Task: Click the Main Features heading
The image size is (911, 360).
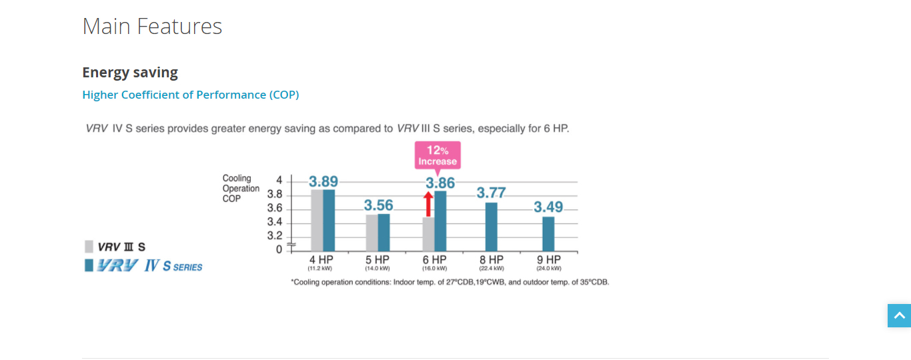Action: (x=152, y=27)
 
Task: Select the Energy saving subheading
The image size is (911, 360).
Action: (x=130, y=72)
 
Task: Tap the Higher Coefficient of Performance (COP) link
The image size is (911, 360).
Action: (x=191, y=95)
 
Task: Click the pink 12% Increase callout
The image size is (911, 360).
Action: (x=437, y=155)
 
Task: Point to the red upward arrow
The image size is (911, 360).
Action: (x=429, y=204)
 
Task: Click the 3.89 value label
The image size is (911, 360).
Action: (x=323, y=181)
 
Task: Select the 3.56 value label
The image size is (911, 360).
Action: (x=379, y=205)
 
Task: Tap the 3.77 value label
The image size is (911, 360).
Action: (x=492, y=193)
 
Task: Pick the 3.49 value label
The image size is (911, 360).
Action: (x=548, y=207)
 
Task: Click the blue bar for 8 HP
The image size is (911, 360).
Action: (x=492, y=227)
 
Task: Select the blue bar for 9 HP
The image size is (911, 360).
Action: (x=548, y=234)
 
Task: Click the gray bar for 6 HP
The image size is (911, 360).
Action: (x=428, y=234)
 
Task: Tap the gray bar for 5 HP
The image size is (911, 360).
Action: (x=371, y=233)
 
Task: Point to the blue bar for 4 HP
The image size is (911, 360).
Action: (x=329, y=221)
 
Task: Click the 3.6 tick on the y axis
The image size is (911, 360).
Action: (x=275, y=208)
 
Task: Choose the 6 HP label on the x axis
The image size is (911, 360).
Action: (x=434, y=260)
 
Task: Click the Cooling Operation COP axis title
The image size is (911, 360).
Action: (x=241, y=189)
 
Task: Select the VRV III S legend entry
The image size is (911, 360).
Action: (x=115, y=247)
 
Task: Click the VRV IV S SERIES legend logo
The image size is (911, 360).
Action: (x=144, y=266)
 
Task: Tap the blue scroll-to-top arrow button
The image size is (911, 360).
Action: (x=899, y=315)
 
